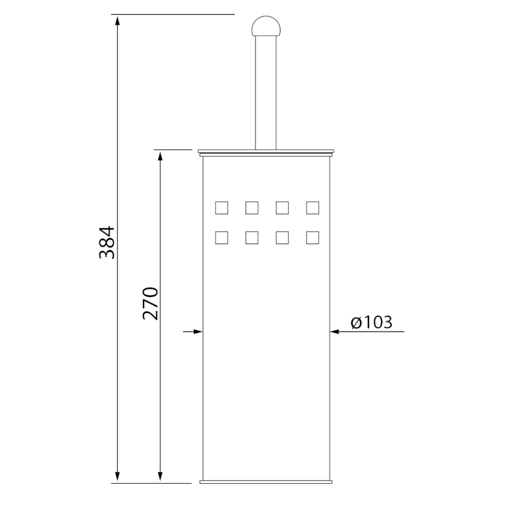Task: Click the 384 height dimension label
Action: coord(107,242)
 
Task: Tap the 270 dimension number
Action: coord(150,303)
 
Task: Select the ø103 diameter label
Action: coord(372,322)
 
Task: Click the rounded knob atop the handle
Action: coord(266,26)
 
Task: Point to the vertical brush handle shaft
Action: coord(266,92)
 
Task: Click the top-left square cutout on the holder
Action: coord(221,208)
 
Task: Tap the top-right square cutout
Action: coord(312,208)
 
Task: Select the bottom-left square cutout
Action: coord(221,238)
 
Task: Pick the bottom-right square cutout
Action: coord(312,238)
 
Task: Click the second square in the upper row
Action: coord(252,208)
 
